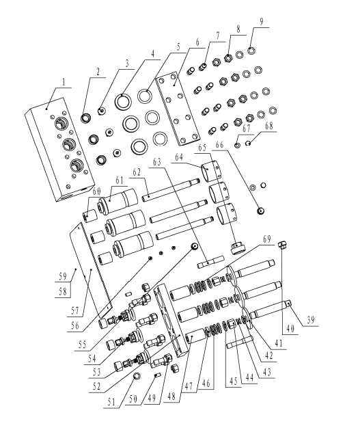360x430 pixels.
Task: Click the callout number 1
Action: pos(64,82)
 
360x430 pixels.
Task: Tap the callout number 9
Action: pos(261,22)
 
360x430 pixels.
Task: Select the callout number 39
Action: pos(310,320)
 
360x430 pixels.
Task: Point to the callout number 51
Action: pos(111,402)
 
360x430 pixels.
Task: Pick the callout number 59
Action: pos(63,276)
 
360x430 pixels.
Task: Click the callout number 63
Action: pos(157,162)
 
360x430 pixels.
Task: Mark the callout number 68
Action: pos(269,126)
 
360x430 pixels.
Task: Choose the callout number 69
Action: pos(266,239)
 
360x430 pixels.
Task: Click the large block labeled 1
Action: pos(60,150)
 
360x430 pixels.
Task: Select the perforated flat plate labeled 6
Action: pos(177,108)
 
